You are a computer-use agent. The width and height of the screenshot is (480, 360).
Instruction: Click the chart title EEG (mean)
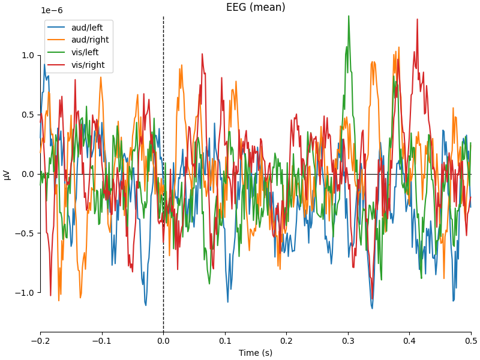pyautogui.click(x=256, y=7)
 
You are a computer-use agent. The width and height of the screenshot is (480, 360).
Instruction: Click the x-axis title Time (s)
pyautogui.click(x=256, y=353)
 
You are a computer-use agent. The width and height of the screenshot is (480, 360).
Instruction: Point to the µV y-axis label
pyautogui.click(x=7, y=174)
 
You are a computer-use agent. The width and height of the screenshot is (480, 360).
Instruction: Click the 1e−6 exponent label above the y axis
pyautogui.click(x=52, y=11)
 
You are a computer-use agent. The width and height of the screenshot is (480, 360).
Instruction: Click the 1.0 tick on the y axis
pyautogui.click(x=28, y=55)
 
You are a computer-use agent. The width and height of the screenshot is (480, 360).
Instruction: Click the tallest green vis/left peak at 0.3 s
pyautogui.click(x=348, y=16)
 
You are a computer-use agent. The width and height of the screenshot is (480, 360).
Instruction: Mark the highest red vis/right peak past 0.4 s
pyautogui.click(x=416, y=19)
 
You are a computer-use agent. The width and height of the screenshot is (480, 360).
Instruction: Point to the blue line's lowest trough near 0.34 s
pyautogui.click(x=372, y=308)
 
